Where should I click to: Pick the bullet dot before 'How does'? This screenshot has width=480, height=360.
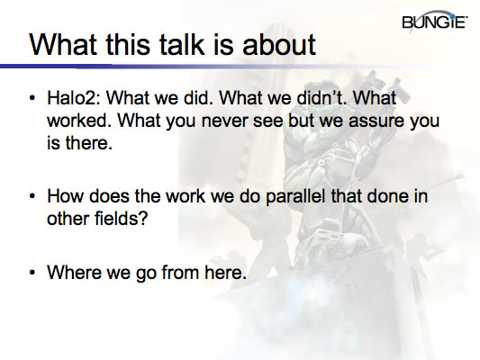click(x=33, y=194)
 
